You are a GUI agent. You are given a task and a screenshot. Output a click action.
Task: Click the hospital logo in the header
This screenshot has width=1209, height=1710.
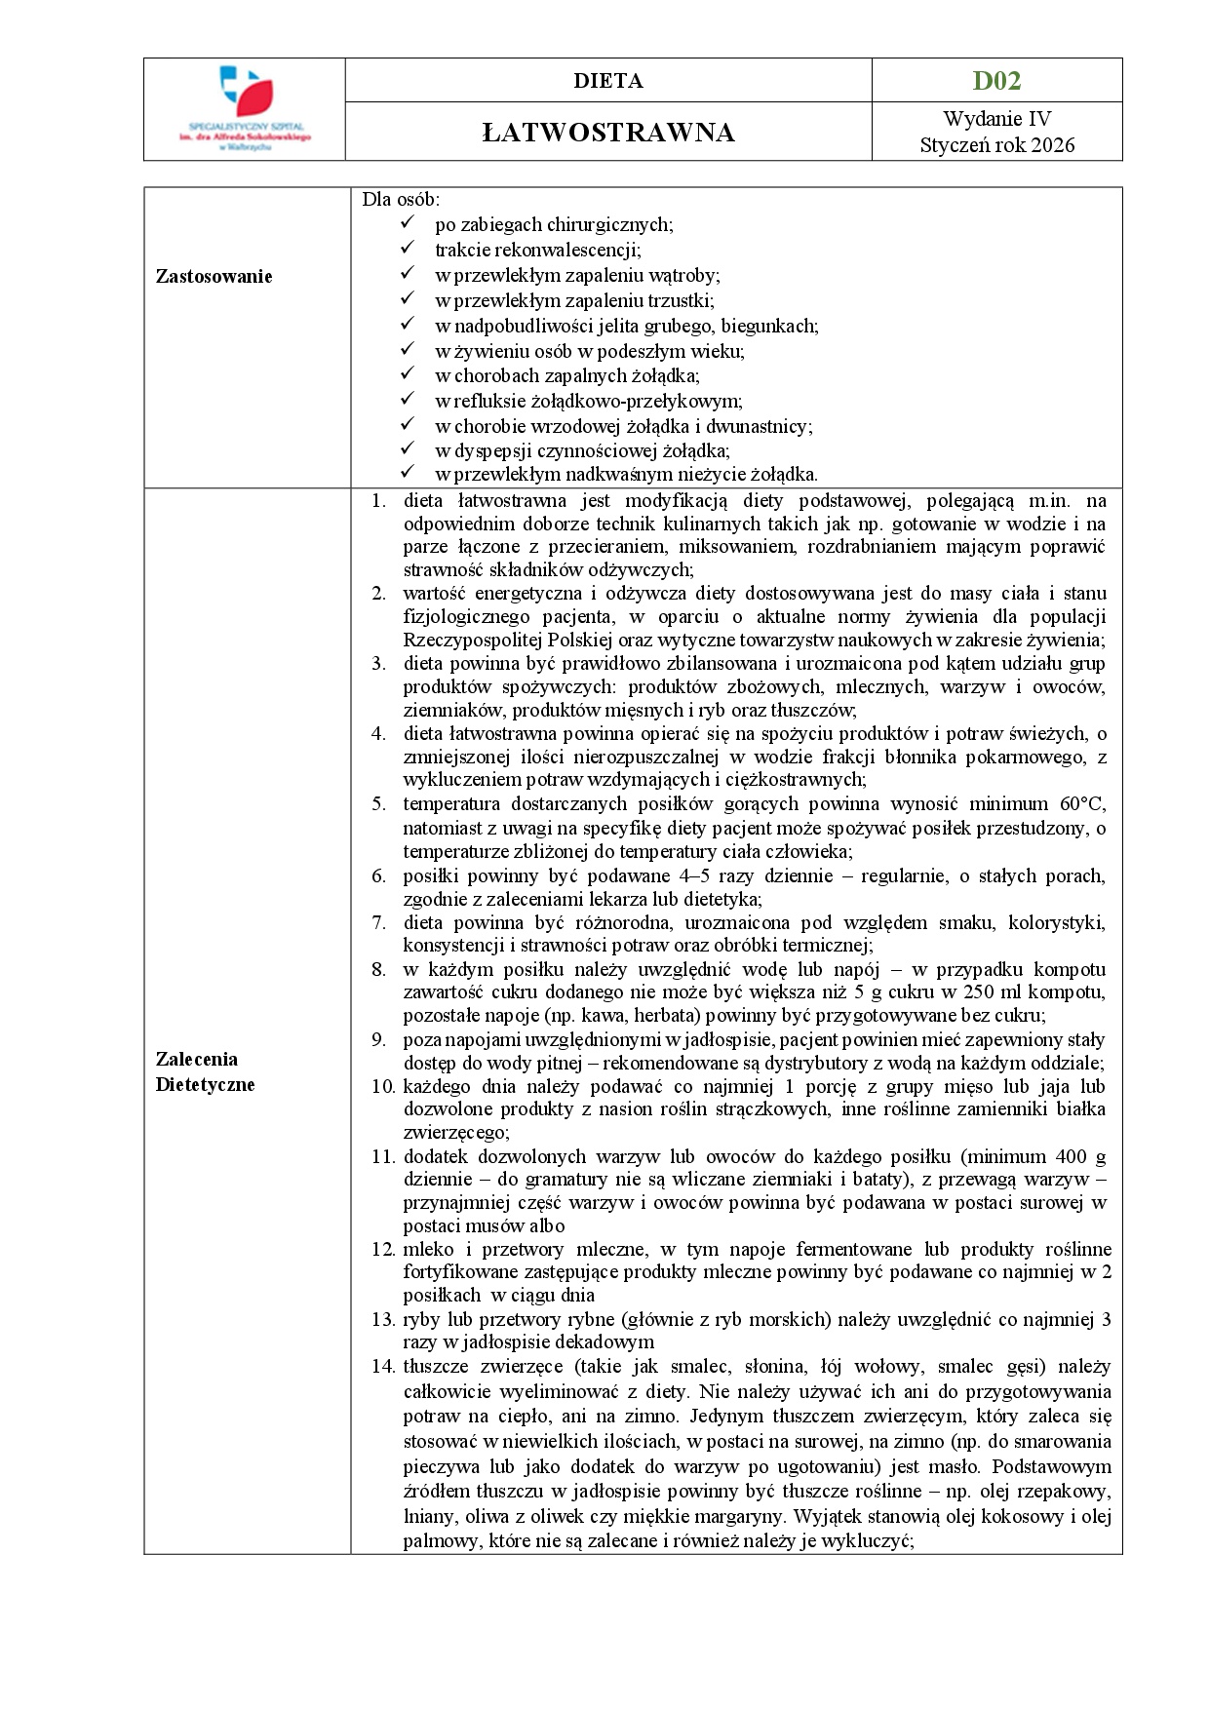(x=245, y=108)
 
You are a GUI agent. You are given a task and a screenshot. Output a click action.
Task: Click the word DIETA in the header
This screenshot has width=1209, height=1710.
(x=608, y=81)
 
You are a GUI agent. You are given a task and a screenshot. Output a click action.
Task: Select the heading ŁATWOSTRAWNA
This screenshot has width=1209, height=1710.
(x=608, y=133)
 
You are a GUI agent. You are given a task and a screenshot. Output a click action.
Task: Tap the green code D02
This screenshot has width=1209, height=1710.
(x=996, y=80)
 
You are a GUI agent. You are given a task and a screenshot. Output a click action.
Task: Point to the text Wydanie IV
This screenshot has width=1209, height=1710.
(x=996, y=119)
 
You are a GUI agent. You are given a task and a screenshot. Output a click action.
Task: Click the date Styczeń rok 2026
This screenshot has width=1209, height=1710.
(x=996, y=145)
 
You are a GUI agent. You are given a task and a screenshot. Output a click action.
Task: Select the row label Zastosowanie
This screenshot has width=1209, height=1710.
(x=214, y=276)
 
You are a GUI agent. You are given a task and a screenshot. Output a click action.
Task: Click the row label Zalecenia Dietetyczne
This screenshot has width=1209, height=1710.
(x=205, y=1071)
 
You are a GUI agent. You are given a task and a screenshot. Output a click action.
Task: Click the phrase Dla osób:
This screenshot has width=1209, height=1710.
(x=401, y=199)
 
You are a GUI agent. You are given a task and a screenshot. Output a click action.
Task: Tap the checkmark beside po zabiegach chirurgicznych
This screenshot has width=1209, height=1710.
(x=409, y=223)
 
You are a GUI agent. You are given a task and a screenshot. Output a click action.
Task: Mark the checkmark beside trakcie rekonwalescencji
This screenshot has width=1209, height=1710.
(x=409, y=249)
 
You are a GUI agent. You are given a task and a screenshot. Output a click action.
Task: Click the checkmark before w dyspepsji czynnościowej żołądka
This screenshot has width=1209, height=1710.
(x=409, y=449)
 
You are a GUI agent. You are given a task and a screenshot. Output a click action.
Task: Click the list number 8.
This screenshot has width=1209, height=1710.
(x=378, y=969)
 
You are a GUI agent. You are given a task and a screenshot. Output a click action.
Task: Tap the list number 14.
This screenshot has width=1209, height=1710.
(x=382, y=1366)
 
